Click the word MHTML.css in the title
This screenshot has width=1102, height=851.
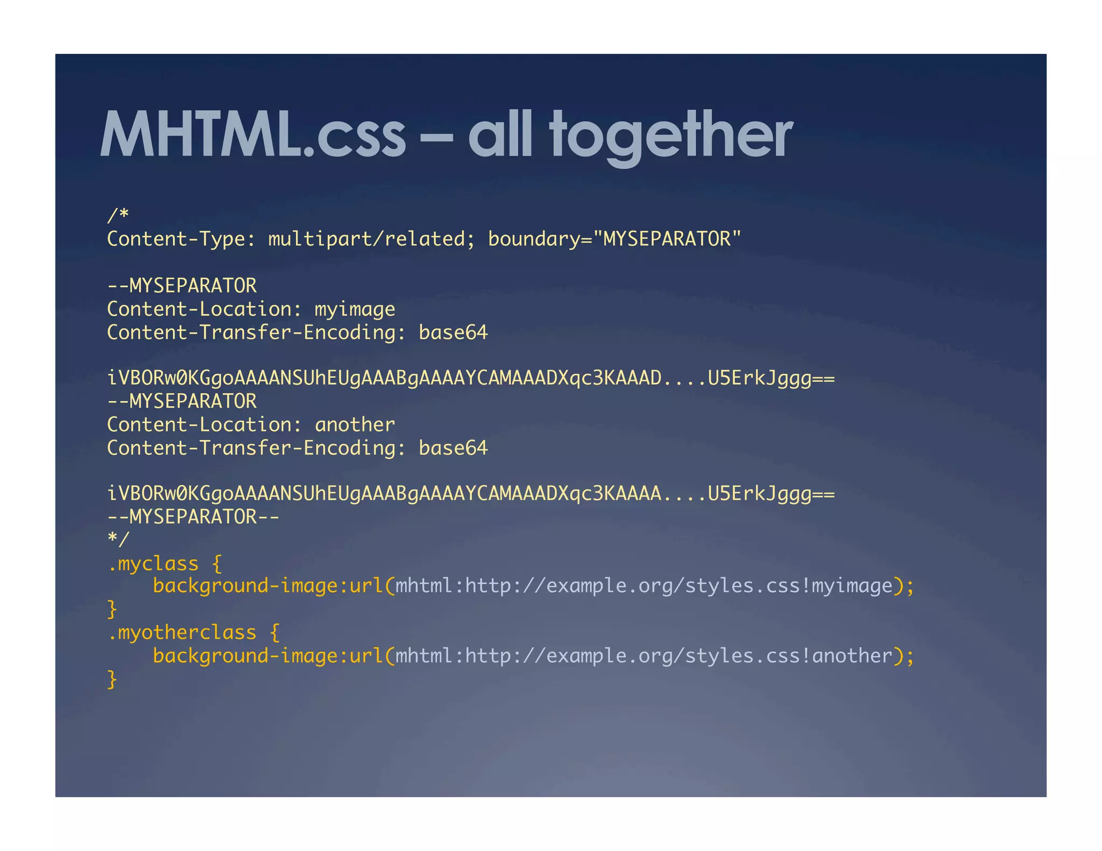(x=253, y=134)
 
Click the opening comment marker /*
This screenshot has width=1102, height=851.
(x=118, y=215)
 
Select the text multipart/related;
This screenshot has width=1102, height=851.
(x=371, y=239)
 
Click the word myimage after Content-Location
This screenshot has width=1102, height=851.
(x=355, y=309)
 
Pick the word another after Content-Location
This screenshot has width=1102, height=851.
(x=355, y=425)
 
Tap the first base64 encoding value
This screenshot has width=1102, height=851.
(x=453, y=332)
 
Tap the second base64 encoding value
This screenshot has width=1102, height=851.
(x=453, y=448)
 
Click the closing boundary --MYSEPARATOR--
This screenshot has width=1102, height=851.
(x=193, y=517)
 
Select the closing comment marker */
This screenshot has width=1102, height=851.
(x=118, y=539)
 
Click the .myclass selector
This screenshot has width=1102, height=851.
(x=153, y=564)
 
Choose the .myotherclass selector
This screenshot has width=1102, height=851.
(x=182, y=633)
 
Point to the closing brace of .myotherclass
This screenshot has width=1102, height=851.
(x=112, y=679)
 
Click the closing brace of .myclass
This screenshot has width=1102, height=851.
(x=112, y=609)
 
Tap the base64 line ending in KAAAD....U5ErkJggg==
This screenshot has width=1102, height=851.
(x=471, y=378)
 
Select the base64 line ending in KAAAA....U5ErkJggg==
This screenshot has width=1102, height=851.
(x=471, y=493)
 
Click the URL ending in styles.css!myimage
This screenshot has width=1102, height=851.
(x=644, y=586)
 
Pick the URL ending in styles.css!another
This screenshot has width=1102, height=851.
(x=644, y=656)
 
